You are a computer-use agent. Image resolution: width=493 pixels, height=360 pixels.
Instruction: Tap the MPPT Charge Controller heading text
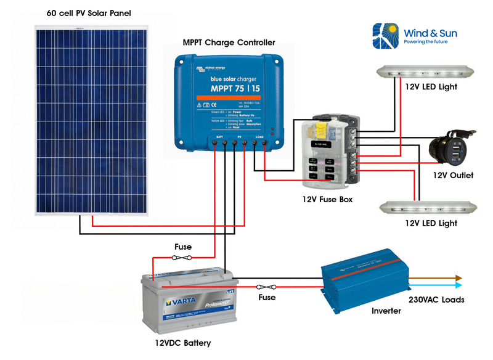[229, 43]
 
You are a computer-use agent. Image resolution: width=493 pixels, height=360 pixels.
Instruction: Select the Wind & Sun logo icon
[385, 35]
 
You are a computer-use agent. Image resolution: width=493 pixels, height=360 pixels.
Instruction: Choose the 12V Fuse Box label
[327, 200]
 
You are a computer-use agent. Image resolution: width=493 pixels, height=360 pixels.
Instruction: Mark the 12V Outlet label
[453, 176]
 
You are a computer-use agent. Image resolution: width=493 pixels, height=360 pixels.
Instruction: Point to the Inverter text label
[386, 311]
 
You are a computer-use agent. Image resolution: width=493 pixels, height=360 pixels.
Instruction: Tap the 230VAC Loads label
[436, 300]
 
